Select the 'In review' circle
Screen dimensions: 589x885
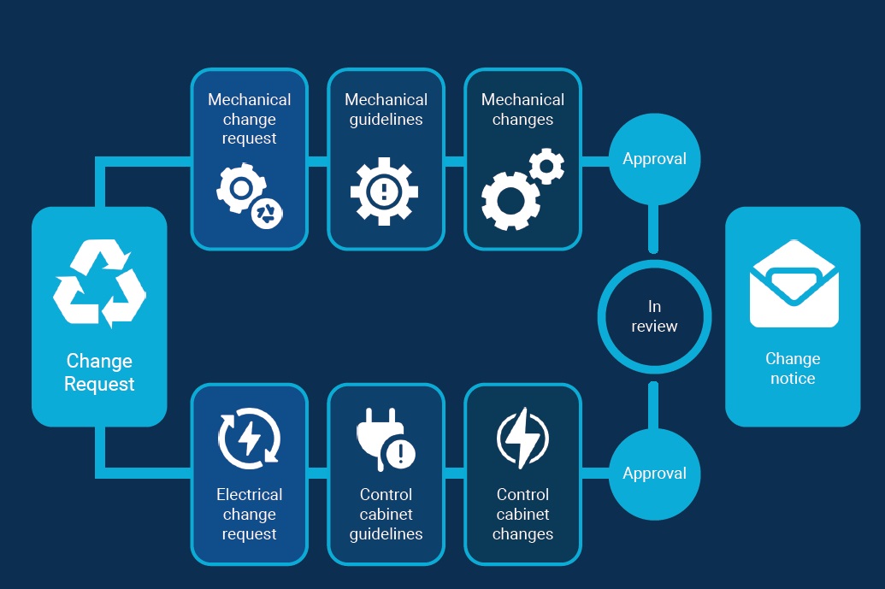coord(654,316)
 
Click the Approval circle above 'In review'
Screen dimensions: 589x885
coord(654,159)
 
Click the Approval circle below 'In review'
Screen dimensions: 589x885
coord(654,474)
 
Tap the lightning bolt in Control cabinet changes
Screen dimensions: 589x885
coord(522,439)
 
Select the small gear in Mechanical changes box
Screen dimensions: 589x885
coord(546,166)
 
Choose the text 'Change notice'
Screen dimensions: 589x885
coord(793,368)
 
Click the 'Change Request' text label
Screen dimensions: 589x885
coord(99,373)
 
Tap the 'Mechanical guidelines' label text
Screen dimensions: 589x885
coord(385,109)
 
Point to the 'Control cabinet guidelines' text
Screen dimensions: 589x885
coord(386,514)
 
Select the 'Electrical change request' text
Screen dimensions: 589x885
coord(249,514)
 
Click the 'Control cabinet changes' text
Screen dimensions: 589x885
coord(522,514)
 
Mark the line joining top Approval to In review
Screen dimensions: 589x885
coord(654,228)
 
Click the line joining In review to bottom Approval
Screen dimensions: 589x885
coord(654,405)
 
